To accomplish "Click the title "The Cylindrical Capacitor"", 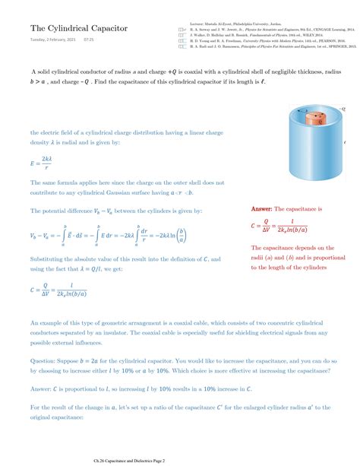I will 68,28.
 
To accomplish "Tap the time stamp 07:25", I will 88,40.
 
